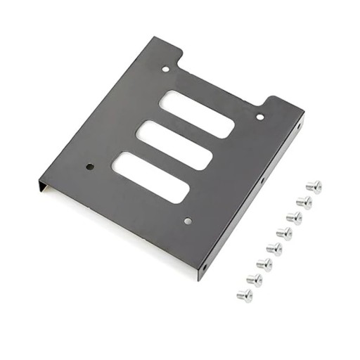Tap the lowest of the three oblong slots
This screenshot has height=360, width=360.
pyautogui.click(x=150, y=176)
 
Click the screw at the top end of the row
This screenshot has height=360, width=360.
pyautogui.click(x=314, y=186)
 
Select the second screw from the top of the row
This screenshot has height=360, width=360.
pyautogui.click(x=304, y=202)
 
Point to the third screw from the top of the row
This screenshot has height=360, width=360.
pyautogui.click(x=294, y=217)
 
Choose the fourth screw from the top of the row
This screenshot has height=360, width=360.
pyautogui.click(x=284, y=233)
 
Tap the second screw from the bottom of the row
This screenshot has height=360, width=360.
pyautogui.click(x=254, y=279)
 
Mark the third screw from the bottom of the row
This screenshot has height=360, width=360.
pyautogui.click(x=264, y=264)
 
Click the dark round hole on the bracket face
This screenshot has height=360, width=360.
pyautogui.click(x=89, y=167)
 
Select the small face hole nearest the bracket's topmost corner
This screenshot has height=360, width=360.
pyautogui.click(x=166, y=70)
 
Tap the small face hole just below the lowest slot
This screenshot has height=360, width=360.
pyautogui.click(x=187, y=221)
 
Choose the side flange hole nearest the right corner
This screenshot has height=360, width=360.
pyautogui.click(x=298, y=127)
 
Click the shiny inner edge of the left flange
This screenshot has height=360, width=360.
pyautogui.click(x=44, y=188)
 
